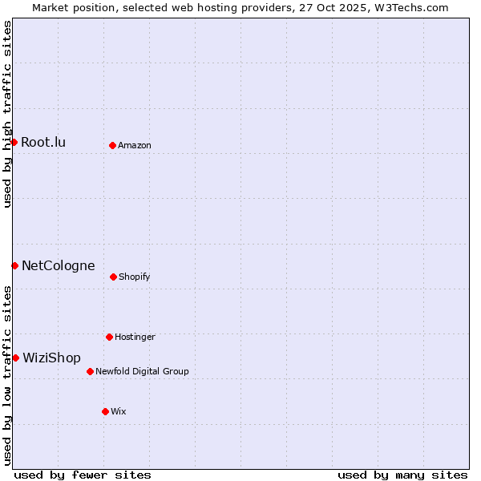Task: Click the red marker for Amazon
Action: point(112,145)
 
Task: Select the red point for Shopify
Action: point(113,277)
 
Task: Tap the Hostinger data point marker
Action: point(109,337)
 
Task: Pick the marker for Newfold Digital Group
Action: point(90,371)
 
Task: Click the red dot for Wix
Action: point(105,411)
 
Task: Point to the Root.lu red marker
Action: point(14,142)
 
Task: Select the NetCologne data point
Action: point(14,265)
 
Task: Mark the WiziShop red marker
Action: point(15,358)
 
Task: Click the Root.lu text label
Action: point(43,143)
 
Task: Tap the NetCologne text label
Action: point(58,266)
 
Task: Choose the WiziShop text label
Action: point(51,358)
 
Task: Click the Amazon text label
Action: point(134,146)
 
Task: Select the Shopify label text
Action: point(134,277)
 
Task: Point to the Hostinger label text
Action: point(135,338)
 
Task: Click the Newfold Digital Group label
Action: point(142,372)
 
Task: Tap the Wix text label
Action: point(119,412)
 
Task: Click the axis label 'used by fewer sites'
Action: point(83,475)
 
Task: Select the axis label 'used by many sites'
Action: point(402,475)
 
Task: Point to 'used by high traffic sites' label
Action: point(7,114)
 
